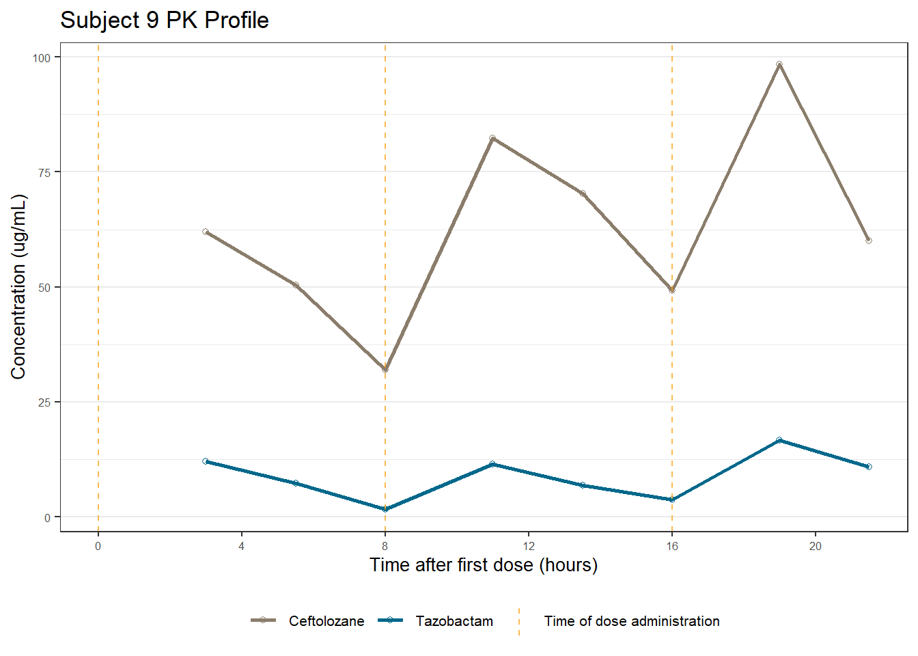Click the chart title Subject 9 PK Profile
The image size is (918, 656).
[x=165, y=20]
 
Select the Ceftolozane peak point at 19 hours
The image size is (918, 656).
[x=779, y=64]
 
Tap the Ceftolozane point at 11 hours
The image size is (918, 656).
[x=492, y=138]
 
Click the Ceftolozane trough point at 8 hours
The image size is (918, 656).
[x=385, y=370]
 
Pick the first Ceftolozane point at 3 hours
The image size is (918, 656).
[x=206, y=232]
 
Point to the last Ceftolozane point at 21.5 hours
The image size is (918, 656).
[x=869, y=241]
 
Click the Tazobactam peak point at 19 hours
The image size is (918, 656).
[x=779, y=440]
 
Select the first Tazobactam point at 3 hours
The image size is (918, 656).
[x=206, y=461]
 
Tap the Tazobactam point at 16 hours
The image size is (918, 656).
[x=672, y=500]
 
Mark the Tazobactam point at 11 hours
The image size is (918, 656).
[x=492, y=464]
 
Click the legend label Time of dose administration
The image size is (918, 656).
[x=632, y=621]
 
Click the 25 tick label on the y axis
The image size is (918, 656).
[x=44, y=402]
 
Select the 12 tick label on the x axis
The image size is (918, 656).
[x=529, y=546]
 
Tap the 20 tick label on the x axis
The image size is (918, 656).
[x=816, y=546]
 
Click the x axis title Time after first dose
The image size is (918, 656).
[x=484, y=565]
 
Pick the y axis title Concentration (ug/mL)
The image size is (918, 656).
[x=18, y=287]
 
